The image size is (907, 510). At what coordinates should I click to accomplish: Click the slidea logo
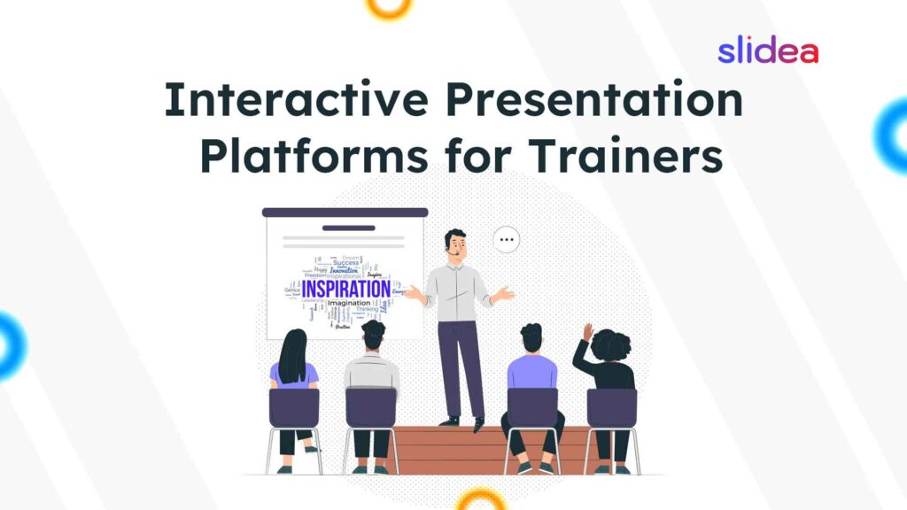pyautogui.click(x=767, y=52)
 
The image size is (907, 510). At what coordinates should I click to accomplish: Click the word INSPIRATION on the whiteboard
pyautogui.click(x=345, y=290)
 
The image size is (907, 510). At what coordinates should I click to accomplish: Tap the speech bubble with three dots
pyautogui.click(x=507, y=239)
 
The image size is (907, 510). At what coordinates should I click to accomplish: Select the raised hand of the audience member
pyautogui.click(x=586, y=332)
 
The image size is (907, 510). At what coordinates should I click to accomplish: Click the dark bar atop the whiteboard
pyautogui.click(x=345, y=212)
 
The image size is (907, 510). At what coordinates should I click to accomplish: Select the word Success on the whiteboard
pyautogui.click(x=345, y=263)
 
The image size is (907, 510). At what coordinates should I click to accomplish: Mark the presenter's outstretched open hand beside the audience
pyautogui.click(x=505, y=293)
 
